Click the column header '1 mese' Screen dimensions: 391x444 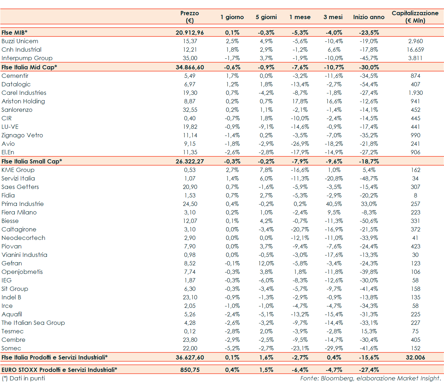point(300,17)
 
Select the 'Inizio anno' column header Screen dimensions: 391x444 point(369,17)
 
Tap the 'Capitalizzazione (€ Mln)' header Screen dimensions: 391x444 point(415,17)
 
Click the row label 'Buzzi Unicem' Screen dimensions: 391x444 point(20,41)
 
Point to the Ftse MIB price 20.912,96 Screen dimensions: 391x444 point(190,33)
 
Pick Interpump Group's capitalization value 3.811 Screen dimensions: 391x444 point(415,58)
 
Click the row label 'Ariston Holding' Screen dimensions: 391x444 point(23,101)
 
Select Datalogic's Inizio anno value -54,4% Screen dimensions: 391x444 point(369,84)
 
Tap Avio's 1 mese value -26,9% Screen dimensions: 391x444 point(300,144)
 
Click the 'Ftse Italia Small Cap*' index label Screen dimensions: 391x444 point(32,161)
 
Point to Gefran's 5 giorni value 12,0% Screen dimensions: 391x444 point(266,263)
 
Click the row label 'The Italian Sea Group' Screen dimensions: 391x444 point(33,323)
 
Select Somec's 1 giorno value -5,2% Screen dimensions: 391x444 point(232,348)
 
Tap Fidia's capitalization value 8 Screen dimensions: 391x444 point(415,195)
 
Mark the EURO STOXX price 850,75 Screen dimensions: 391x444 point(190,370)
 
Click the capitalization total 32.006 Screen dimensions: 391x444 point(415,357)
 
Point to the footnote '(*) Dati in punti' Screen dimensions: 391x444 point(23,378)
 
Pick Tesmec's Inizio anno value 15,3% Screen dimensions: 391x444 point(369,331)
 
